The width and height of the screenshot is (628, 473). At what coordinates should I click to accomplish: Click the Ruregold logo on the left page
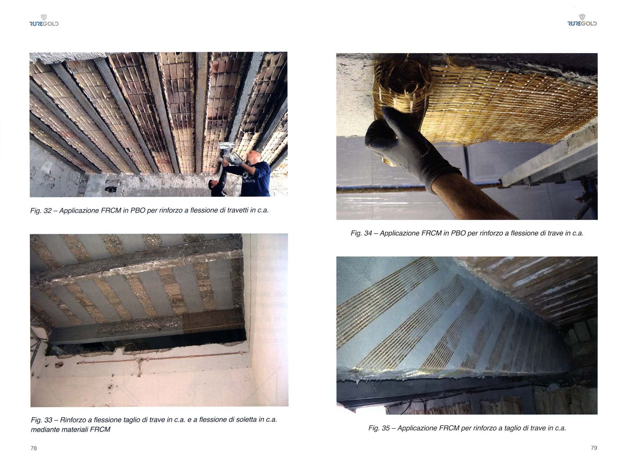point(44,20)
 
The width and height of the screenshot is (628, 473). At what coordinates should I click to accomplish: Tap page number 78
point(34,448)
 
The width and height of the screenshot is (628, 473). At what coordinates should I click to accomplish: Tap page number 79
point(594,448)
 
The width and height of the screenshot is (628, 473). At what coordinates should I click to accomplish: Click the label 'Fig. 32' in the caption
point(41,211)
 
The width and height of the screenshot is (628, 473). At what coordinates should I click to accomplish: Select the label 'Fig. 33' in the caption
point(42,420)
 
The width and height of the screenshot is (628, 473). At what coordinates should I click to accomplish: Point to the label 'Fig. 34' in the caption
point(361,233)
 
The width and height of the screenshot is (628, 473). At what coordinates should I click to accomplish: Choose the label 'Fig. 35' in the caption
point(379,428)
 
